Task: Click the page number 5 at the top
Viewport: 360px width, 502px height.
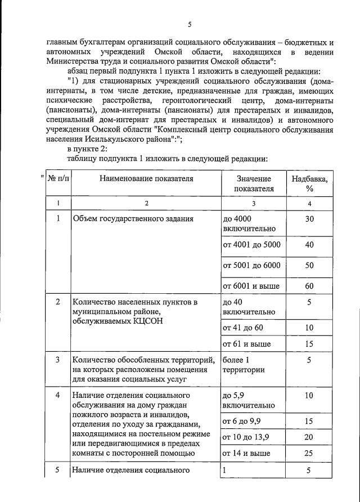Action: [190, 24]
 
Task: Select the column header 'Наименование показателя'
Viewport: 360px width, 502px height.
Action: [146, 178]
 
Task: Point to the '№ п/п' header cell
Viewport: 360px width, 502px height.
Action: [58, 178]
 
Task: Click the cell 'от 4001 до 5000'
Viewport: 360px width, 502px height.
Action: [251, 245]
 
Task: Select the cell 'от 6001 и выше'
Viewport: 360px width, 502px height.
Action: [251, 286]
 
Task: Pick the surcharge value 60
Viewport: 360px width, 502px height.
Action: [309, 286]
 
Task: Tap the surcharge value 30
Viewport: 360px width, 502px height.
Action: [309, 219]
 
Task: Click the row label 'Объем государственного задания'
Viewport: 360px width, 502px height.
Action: [133, 219]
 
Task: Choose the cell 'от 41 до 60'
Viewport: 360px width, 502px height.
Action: [242, 327]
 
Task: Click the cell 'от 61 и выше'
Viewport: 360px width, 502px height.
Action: [246, 343]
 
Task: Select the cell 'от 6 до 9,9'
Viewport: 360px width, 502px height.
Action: [242, 420]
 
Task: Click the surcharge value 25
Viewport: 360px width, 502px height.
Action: [309, 453]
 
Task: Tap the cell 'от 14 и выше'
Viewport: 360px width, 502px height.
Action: [246, 453]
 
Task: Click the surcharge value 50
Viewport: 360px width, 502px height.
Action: [309, 266]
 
